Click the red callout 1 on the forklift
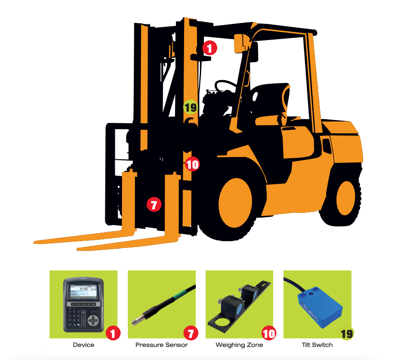tap(209, 48)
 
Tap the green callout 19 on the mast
tap(190, 107)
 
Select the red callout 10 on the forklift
tap(193, 164)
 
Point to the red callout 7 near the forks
tap(154, 205)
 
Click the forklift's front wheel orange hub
tap(235, 203)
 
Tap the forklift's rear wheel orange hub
tap(346, 198)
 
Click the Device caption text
tap(83, 345)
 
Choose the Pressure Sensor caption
tap(162, 345)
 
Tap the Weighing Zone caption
tap(239, 345)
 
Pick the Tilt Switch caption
tap(317, 345)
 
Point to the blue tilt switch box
tap(320, 309)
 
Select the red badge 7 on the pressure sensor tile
tap(191, 333)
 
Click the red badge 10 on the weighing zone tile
tap(269, 333)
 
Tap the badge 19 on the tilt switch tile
tap(346, 333)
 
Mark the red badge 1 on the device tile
tap(113, 333)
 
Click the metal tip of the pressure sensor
tap(136, 321)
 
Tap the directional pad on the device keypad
tap(93, 321)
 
